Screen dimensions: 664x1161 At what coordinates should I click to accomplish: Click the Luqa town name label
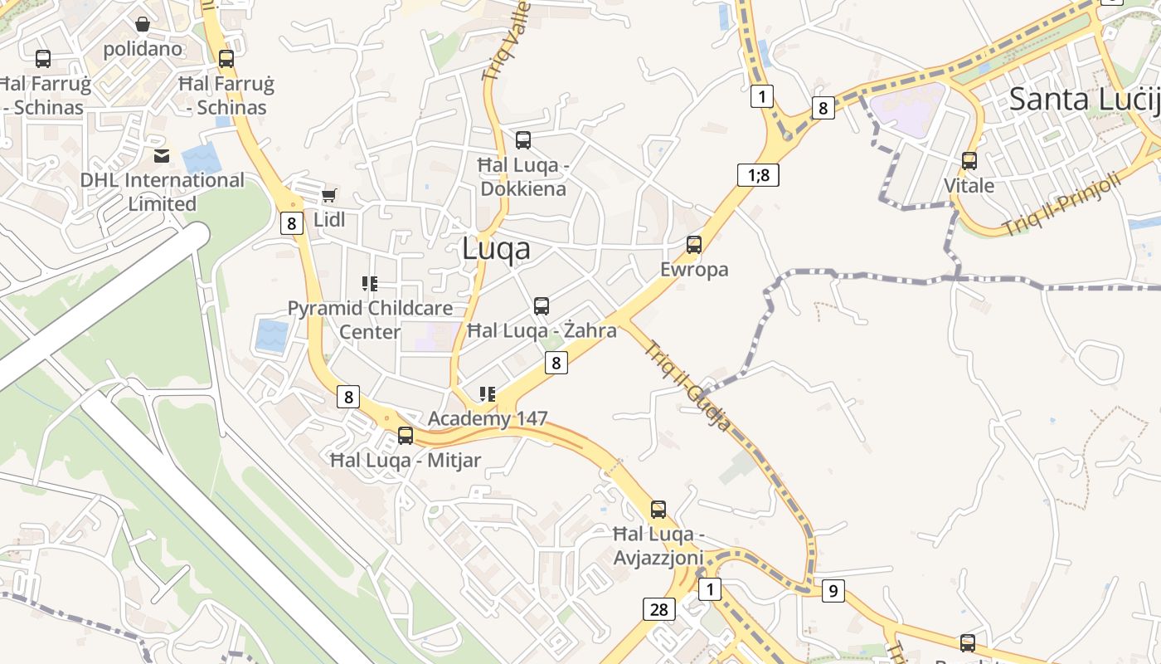495,248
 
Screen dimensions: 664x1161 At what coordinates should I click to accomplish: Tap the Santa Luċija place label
1083,100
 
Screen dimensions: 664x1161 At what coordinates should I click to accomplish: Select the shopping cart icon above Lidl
329,195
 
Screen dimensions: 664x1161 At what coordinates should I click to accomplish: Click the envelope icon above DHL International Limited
162,155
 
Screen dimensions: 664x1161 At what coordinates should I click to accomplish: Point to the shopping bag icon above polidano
143,24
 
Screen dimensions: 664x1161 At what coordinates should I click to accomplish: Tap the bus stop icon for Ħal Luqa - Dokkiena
523,139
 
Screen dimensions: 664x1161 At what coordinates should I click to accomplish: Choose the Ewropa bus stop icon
694,244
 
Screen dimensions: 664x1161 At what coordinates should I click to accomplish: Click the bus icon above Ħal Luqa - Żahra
542,305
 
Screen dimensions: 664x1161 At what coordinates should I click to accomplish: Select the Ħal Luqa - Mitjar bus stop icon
406,435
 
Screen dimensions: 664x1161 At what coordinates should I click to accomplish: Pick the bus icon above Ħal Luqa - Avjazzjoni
658,509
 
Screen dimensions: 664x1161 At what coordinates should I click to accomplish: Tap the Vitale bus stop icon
969,160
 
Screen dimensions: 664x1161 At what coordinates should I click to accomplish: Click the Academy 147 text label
488,418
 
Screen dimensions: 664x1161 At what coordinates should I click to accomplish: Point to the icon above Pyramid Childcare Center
370,284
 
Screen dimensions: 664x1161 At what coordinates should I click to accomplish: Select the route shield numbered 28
658,610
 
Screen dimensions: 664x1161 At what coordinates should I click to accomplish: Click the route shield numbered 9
833,591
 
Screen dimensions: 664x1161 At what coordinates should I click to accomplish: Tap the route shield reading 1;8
758,174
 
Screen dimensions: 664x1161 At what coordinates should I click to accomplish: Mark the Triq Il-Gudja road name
688,386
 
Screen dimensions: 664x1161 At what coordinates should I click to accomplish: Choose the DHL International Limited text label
163,192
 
